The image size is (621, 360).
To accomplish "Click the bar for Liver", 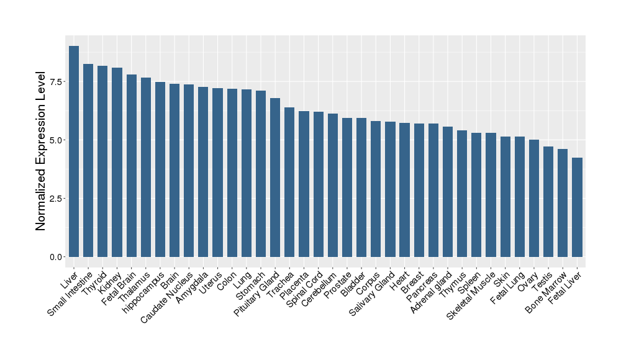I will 74,151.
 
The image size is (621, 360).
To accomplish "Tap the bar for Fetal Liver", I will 578,207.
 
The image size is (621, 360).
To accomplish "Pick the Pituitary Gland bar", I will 275,178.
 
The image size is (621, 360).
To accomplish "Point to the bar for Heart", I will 405,190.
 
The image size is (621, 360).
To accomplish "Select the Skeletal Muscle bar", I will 491,195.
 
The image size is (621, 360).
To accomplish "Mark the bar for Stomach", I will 261,174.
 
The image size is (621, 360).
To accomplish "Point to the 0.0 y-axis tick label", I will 56,257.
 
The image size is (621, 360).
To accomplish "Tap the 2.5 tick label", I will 56,199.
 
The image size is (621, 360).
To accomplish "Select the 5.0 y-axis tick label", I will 56,140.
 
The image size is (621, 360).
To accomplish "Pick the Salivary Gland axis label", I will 371,292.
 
